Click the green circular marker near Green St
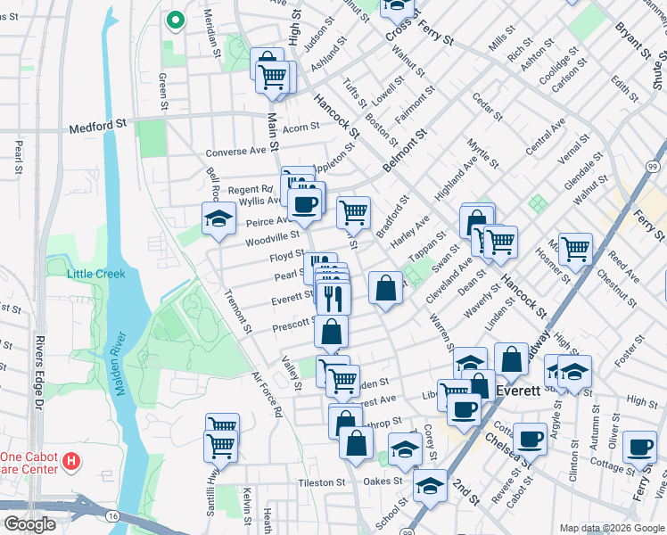[x=176, y=20]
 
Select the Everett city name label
[x=518, y=391]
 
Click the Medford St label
[x=98, y=128]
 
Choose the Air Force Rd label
[x=266, y=395]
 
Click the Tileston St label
[x=321, y=482]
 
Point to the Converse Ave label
[x=236, y=151]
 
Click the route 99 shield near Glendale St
[x=653, y=167]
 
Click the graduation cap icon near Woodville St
[x=218, y=218]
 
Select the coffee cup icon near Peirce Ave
[x=305, y=203]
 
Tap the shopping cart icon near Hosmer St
[x=575, y=248]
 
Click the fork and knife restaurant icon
[x=333, y=298]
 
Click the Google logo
[x=29, y=524]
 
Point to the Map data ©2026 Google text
[x=612, y=528]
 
